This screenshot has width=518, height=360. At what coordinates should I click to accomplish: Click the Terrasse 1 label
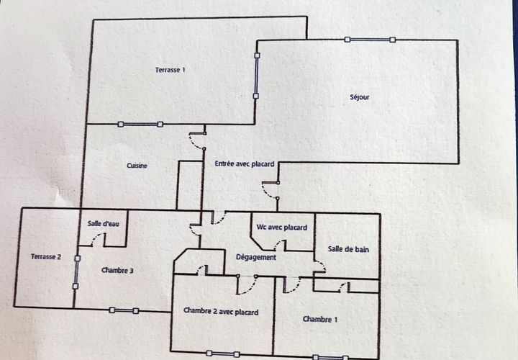click(170, 70)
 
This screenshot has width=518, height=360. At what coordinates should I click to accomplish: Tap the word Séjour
click(360, 97)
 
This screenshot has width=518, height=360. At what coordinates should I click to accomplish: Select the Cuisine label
click(137, 166)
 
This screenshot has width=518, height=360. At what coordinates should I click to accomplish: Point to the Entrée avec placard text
click(245, 163)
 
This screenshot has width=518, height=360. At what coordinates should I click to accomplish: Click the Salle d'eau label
click(104, 223)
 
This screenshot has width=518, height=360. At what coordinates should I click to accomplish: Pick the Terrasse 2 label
click(46, 256)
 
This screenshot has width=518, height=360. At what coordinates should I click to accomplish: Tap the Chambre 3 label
click(117, 271)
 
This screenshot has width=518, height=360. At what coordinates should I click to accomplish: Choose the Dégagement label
click(256, 257)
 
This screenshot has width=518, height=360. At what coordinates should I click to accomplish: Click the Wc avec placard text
click(282, 228)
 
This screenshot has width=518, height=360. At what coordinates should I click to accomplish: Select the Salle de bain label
click(348, 249)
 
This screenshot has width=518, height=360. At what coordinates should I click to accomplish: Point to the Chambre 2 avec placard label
click(221, 311)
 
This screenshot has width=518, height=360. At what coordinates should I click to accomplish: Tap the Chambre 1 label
click(320, 320)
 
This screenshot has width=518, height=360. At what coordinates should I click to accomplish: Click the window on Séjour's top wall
click(370, 40)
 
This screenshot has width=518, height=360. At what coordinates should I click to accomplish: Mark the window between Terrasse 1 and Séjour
click(256, 76)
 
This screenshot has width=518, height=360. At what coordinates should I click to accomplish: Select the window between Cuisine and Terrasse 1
click(140, 125)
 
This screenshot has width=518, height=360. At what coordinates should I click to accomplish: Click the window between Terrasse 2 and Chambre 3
click(76, 272)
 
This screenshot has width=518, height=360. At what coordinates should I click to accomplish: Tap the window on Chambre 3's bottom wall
click(124, 311)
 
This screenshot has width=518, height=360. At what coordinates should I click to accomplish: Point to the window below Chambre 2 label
click(222, 354)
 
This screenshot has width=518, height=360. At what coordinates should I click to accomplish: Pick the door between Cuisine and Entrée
click(198, 141)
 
